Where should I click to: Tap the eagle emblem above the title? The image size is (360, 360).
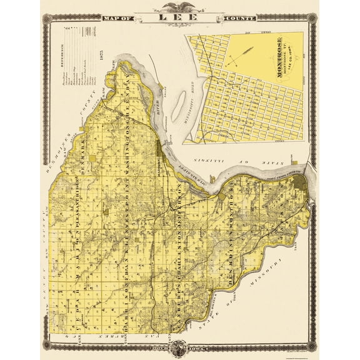pos(179,8)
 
